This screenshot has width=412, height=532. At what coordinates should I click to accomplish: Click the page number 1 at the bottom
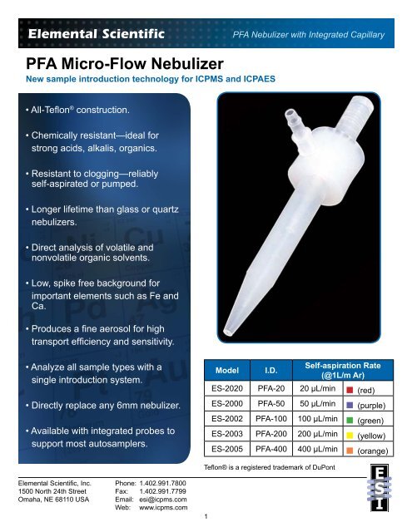[x=206, y=517]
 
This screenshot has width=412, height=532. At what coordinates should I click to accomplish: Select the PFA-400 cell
[x=266, y=449]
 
